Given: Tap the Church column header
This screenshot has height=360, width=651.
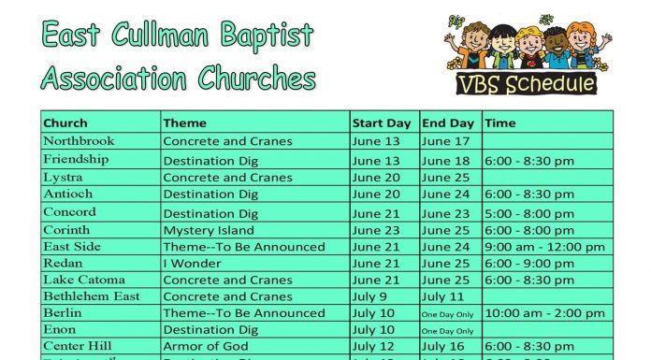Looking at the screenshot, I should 65,122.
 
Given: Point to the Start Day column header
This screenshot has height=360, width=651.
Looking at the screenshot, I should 382,122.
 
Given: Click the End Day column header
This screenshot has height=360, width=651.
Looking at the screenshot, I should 448,122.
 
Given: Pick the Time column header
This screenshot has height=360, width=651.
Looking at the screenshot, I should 500,122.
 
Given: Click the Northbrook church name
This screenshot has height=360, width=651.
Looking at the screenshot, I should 79,141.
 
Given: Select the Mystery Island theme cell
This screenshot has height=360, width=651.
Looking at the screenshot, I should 209,230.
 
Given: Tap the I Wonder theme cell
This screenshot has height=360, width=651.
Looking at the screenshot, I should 191,265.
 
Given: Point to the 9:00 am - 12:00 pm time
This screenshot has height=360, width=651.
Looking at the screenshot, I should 544,247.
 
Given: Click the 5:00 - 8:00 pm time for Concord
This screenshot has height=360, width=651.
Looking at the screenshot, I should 529,213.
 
